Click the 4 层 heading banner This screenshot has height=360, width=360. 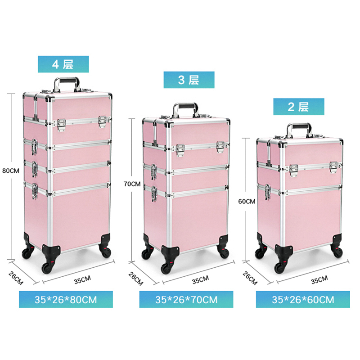63,64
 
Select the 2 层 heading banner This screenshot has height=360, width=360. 299,107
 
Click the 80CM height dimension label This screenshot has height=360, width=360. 11,171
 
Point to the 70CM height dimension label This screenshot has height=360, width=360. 133,184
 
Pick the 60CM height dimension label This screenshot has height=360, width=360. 247,201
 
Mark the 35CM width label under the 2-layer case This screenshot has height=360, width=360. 319,279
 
